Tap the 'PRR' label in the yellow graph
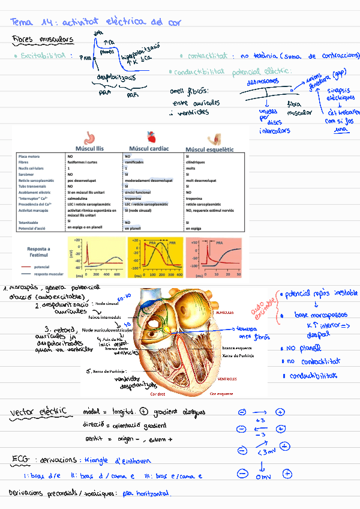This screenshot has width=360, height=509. click(x=173, y=242)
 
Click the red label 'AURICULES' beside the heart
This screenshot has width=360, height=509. click(x=225, y=313)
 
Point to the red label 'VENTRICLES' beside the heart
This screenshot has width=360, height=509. click(x=226, y=379)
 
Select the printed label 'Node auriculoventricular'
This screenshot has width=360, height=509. click(x=107, y=330)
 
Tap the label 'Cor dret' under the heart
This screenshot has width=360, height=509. click(x=158, y=394)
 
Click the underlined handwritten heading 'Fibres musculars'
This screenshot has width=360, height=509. click(x=43, y=40)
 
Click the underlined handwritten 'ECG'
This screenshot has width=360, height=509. click(x=21, y=460)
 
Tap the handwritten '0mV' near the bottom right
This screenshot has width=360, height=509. click(x=263, y=477)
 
